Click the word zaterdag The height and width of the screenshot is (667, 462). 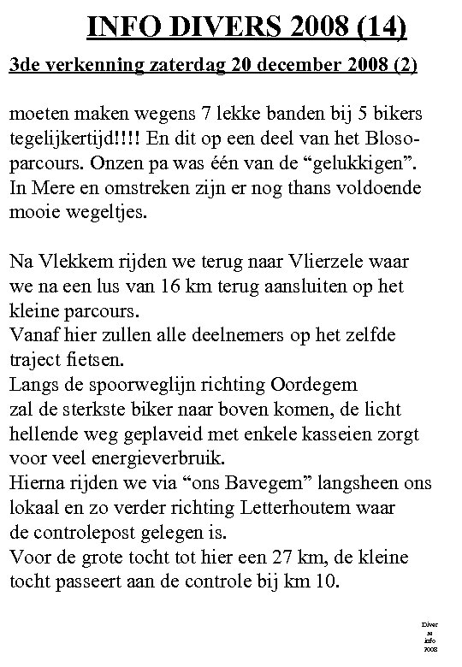[174, 65]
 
